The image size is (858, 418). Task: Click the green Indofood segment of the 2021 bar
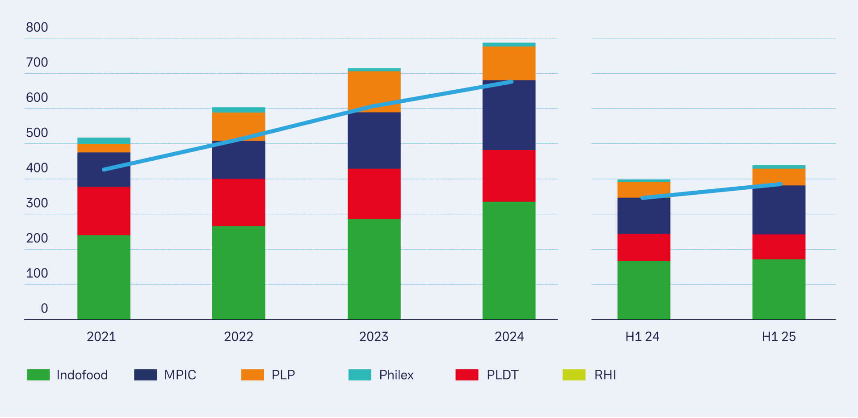104,277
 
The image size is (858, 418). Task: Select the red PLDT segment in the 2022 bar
239,202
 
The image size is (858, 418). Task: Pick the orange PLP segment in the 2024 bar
509,63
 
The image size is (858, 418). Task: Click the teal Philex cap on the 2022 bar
239,110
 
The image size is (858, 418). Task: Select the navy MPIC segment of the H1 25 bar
779,210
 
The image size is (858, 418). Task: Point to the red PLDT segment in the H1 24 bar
643,247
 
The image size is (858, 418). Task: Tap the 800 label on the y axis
37,27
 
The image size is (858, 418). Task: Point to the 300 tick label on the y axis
37,203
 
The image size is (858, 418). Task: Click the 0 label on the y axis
44,309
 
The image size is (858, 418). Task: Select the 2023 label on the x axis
374,337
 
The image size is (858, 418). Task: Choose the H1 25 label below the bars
778,337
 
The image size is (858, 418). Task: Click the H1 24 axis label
642,337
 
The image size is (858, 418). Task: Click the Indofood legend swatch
38,375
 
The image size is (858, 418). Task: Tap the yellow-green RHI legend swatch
574,375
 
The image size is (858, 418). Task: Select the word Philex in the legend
396,375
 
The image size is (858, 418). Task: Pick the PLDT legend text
502,375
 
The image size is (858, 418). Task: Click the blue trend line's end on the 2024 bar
511,82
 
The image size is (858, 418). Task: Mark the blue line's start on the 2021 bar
104,169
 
